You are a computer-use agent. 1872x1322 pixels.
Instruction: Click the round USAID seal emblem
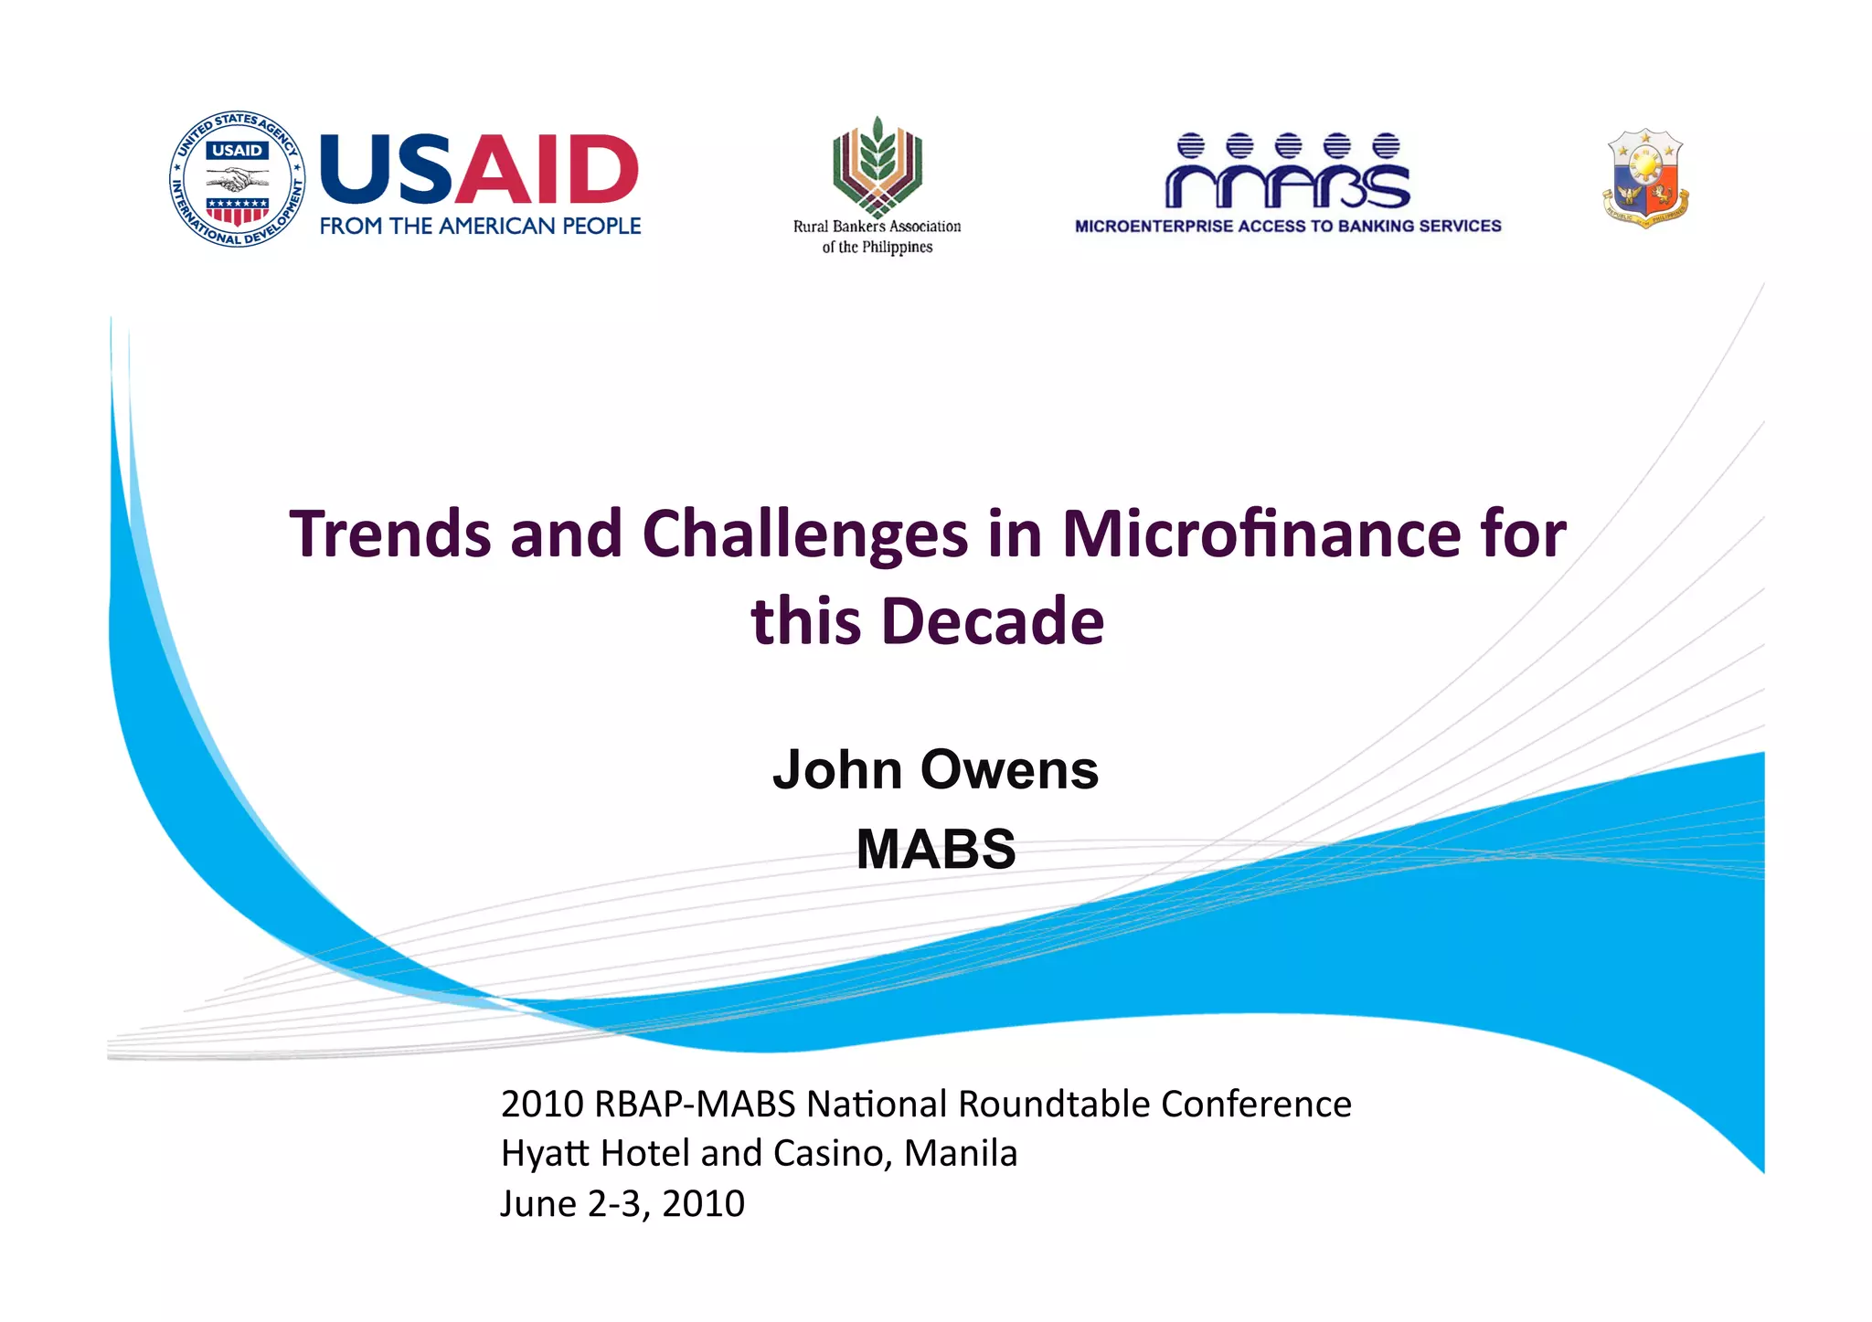(x=237, y=180)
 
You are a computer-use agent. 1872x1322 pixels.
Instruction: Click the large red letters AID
(x=547, y=170)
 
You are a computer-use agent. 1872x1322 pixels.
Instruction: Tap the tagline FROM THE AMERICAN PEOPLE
(x=480, y=227)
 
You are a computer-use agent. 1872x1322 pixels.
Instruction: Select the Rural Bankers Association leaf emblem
(x=877, y=165)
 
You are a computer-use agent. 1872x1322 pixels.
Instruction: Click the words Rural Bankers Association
(x=877, y=227)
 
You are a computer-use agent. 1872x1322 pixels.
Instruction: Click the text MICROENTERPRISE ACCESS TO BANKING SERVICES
(x=1287, y=226)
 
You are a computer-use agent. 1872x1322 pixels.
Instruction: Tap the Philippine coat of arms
(x=1645, y=178)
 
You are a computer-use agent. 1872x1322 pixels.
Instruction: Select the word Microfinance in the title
(x=1261, y=534)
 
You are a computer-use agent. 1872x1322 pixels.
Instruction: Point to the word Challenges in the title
(x=804, y=534)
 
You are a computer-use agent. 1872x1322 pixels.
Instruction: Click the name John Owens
(x=935, y=769)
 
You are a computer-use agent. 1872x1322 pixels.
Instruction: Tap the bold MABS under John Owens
(x=935, y=849)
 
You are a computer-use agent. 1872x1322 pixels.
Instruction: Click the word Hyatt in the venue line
(x=545, y=1154)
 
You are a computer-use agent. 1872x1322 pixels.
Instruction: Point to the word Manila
(x=960, y=1154)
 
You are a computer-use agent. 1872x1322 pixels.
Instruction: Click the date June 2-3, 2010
(x=622, y=1204)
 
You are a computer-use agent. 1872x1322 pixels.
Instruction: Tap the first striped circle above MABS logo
(x=1190, y=145)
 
